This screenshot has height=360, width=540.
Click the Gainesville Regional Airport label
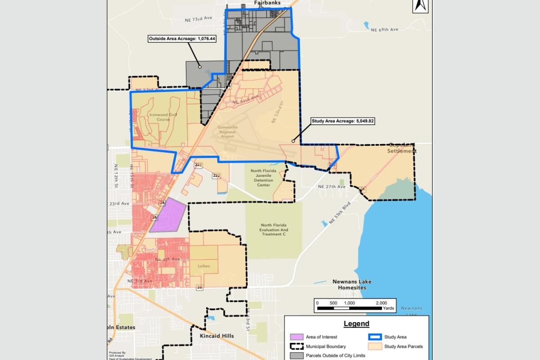tap(227, 130)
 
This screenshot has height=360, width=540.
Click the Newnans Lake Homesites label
tap(352, 284)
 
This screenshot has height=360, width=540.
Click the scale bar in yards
tap(355, 308)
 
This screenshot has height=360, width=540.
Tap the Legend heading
tap(356, 324)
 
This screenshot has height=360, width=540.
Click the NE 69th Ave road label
tap(385, 30)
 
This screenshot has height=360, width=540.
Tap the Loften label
tap(204, 266)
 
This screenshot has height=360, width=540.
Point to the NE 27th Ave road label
tap(332, 186)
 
